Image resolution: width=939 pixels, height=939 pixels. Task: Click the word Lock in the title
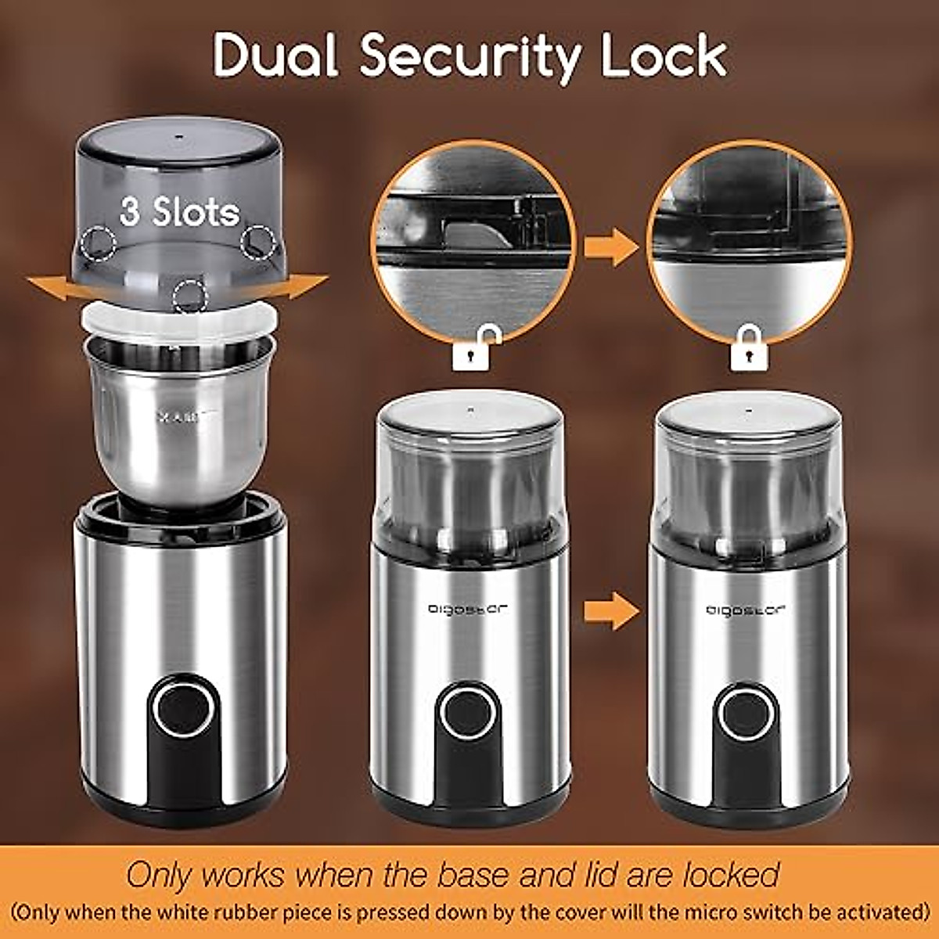pos(664,56)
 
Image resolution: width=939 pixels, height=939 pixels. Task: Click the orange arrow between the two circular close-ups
pos(611,248)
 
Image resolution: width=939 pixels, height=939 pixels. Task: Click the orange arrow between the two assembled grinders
pos(611,610)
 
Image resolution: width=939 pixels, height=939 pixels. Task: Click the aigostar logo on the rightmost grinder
pos(747,610)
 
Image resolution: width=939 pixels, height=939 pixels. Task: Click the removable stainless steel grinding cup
pos(179,423)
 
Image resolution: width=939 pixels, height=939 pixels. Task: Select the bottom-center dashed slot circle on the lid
pos(190,297)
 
